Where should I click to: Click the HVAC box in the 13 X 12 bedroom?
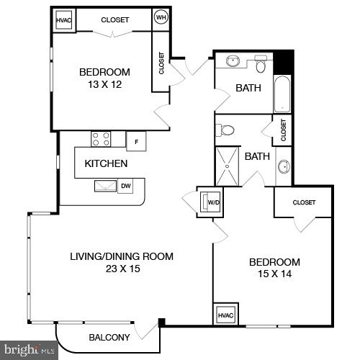coord(64,20)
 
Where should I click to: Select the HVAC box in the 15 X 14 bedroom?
coord(225,315)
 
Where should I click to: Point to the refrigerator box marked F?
coord(136,140)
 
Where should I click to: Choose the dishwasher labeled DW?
coord(125,186)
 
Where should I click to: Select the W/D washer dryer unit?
coord(212,202)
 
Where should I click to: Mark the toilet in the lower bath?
coord(227,130)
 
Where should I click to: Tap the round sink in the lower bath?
coord(284,166)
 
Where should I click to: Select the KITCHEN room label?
coord(106,163)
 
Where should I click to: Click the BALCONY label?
coord(109,338)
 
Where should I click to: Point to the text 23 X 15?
coord(121,269)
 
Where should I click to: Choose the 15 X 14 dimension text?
coord(274,274)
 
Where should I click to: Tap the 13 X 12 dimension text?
coord(104,84)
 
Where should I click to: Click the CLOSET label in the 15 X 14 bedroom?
coord(304,203)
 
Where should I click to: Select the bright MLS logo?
coord(29,351)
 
